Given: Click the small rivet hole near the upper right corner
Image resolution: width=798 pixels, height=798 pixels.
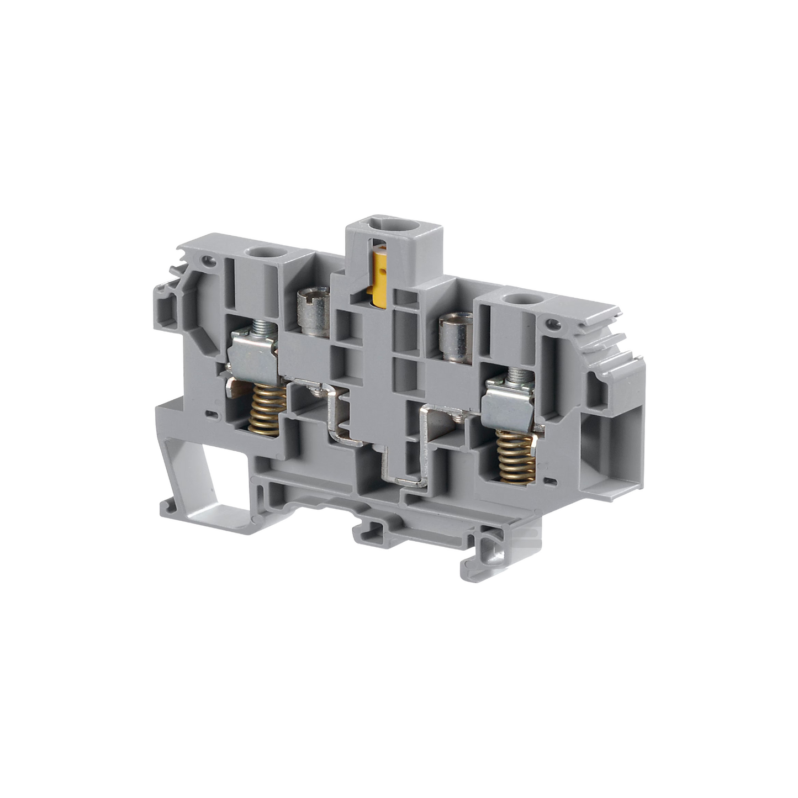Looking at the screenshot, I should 550,327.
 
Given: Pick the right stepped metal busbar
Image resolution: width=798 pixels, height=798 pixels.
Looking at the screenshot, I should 428,442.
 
